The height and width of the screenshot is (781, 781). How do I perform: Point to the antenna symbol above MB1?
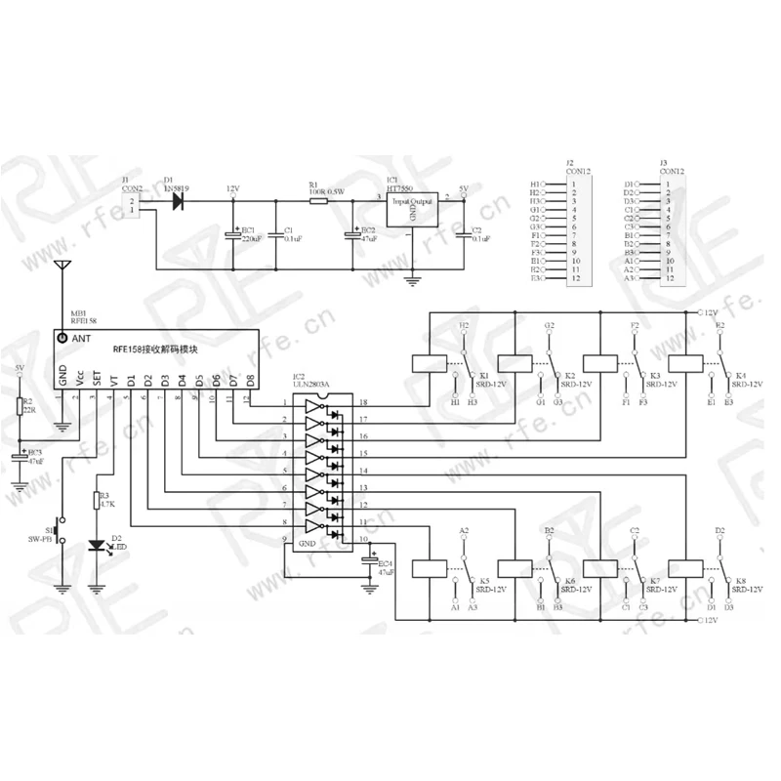pyautogui.click(x=63, y=266)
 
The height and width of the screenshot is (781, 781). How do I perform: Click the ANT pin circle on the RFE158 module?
pyautogui.click(x=63, y=338)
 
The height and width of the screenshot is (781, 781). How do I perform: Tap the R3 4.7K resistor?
pyautogui.click(x=97, y=502)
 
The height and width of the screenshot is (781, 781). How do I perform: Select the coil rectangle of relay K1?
pyautogui.click(x=430, y=362)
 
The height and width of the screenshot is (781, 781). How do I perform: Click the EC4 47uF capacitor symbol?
pyautogui.click(x=369, y=560)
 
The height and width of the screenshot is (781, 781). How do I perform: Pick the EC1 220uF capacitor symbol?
pyautogui.click(x=233, y=235)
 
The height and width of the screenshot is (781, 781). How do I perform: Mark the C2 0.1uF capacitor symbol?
pyautogui.click(x=464, y=235)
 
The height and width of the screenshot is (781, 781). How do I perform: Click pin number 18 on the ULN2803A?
pyautogui.click(x=362, y=403)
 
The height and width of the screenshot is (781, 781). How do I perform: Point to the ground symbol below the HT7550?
pyautogui.click(x=414, y=281)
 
